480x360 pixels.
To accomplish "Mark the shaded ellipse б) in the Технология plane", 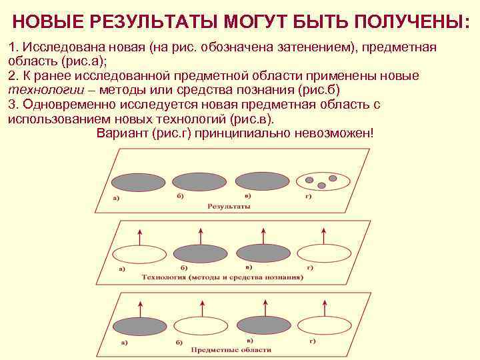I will [x=200, y=253].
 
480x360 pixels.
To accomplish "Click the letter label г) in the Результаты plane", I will [x=308, y=195].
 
